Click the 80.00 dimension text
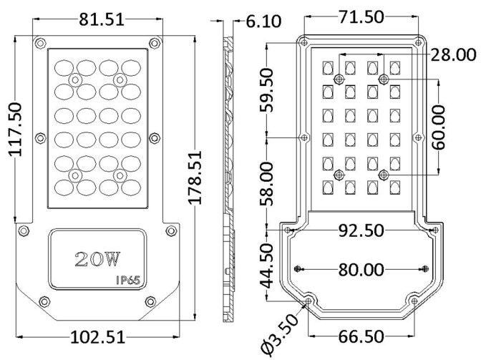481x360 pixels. tap(361, 269)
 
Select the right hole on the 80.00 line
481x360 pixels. tap(425, 268)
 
